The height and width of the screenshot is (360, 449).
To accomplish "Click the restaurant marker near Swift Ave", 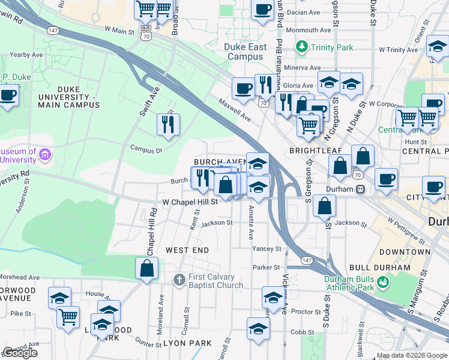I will [167, 125].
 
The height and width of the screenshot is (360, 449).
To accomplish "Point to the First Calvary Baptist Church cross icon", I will [178, 280].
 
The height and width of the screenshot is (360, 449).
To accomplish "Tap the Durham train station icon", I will [361, 188].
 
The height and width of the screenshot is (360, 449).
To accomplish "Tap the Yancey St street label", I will [267, 248].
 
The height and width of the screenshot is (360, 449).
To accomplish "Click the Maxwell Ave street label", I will [234, 109].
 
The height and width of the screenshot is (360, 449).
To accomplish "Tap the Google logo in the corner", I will [20, 353].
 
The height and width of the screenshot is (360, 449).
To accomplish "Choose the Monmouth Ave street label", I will [308, 30].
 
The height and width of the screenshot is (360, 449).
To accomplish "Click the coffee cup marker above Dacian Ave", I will [262, 10].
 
